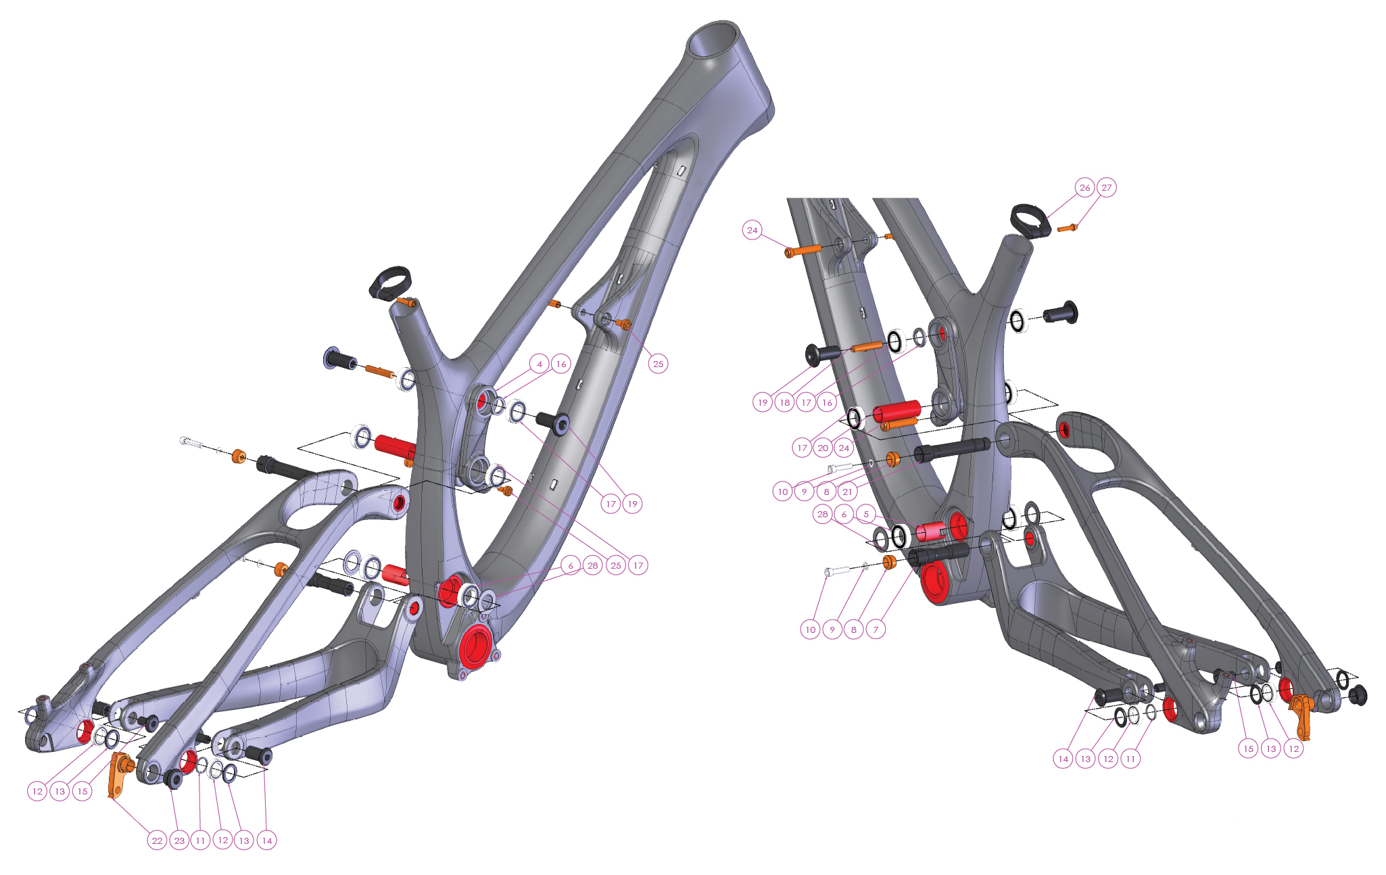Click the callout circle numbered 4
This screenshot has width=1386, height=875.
click(x=539, y=364)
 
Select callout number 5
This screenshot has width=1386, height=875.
click(x=865, y=514)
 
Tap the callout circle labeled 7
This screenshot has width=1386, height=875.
click(x=876, y=630)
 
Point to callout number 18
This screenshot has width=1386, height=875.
click(x=784, y=402)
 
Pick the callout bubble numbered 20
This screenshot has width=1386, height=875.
click(x=823, y=448)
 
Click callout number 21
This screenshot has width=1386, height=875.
click(x=847, y=492)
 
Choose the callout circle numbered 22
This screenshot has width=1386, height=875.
click(x=157, y=841)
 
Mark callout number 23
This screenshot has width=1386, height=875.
click(x=178, y=841)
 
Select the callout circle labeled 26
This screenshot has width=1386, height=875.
click(x=1084, y=187)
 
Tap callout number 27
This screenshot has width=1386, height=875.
click(x=1106, y=187)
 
